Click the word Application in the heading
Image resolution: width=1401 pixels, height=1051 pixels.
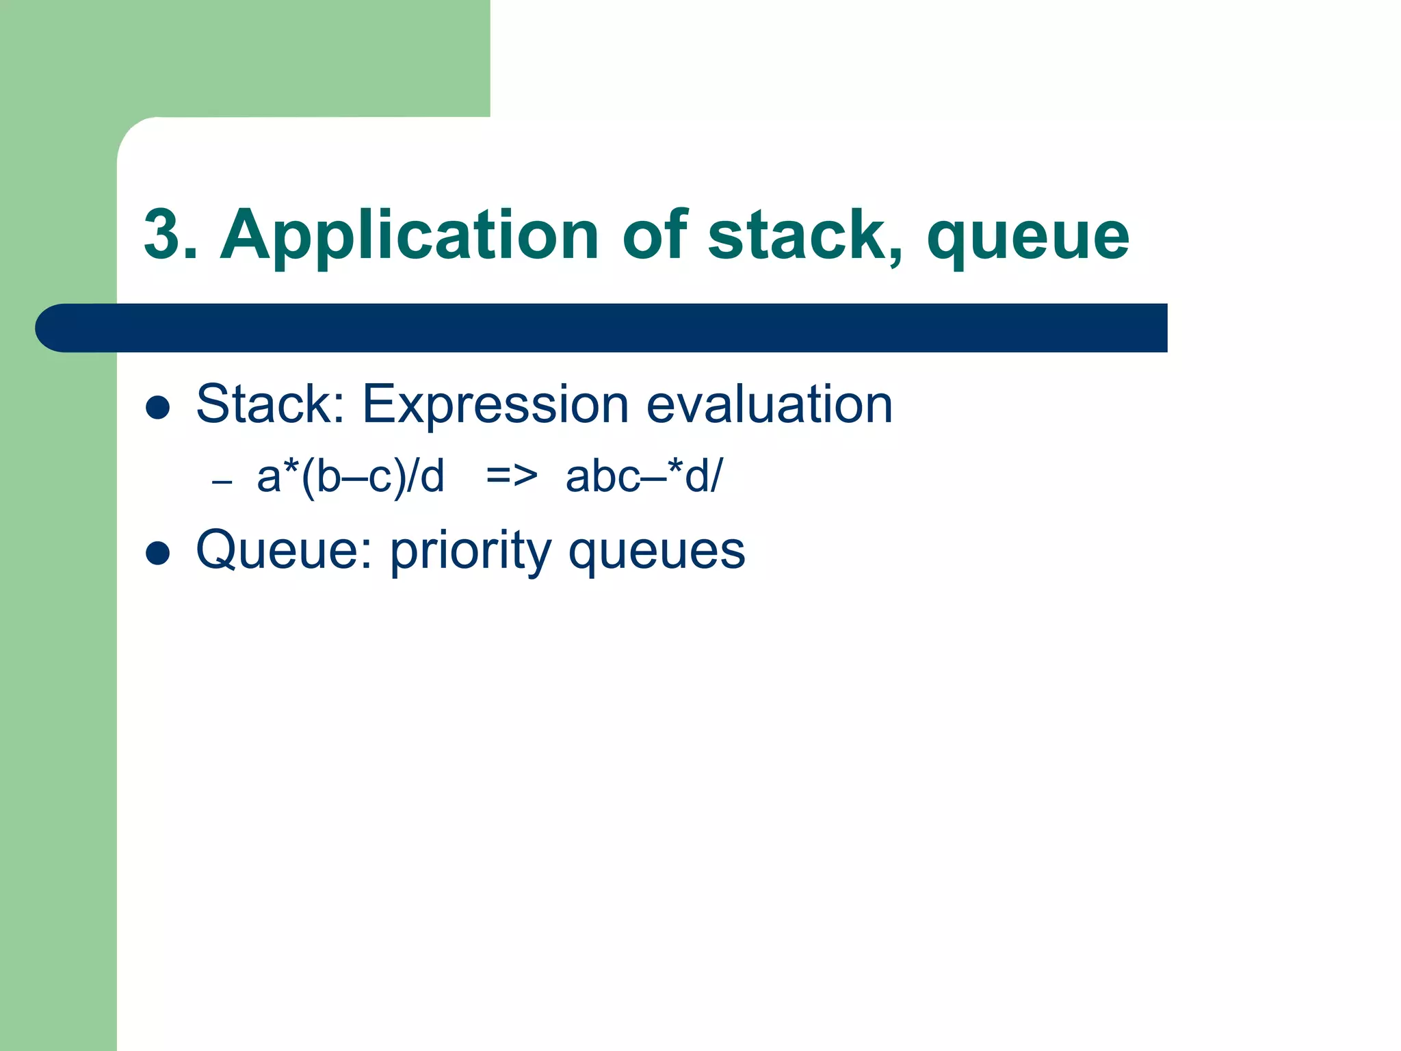409,236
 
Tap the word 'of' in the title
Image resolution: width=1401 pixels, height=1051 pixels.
654,235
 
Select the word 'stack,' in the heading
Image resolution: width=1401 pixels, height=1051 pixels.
805,236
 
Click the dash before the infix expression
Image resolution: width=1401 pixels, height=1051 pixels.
222,482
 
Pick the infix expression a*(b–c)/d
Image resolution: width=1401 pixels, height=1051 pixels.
350,476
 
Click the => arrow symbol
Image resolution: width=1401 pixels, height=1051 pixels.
511,476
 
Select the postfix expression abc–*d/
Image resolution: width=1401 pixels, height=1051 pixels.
643,476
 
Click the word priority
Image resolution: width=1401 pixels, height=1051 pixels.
471,552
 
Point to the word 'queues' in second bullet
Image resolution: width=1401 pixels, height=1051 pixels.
656,552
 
